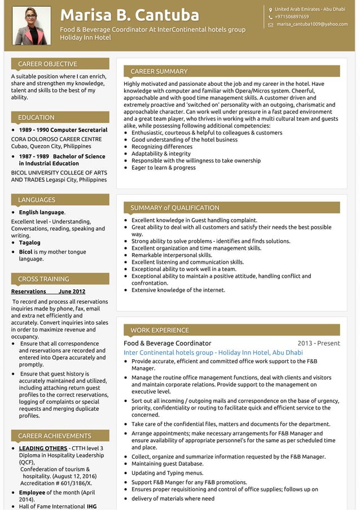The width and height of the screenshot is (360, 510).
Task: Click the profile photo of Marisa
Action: click(x=32, y=25)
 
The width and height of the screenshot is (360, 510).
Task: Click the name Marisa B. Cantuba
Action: click(x=129, y=15)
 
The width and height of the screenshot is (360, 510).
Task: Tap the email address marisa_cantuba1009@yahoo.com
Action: click(x=312, y=24)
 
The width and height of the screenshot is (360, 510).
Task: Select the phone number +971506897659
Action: click(x=292, y=17)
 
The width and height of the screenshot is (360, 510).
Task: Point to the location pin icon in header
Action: click(x=270, y=10)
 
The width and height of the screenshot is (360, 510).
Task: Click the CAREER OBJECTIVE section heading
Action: click(x=47, y=64)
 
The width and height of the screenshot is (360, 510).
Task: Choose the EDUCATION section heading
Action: click(x=36, y=117)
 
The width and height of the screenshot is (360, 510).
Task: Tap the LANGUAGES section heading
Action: click(x=37, y=200)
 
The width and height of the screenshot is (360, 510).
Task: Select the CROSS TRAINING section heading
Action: click(x=43, y=279)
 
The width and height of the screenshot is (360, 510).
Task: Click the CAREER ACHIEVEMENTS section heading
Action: click(x=54, y=436)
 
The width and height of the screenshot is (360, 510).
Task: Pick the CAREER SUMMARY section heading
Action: click(x=159, y=71)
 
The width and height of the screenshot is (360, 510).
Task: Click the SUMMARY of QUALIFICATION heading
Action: click(x=174, y=208)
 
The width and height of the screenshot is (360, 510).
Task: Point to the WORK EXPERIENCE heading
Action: click(x=159, y=330)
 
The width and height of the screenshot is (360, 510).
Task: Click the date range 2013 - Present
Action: click(x=319, y=343)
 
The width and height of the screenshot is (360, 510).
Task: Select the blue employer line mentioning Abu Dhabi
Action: click(x=213, y=352)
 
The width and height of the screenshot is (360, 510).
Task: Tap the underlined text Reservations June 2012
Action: click(x=48, y=291)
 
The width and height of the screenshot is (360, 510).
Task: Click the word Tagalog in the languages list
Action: click(x=30, y=243)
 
